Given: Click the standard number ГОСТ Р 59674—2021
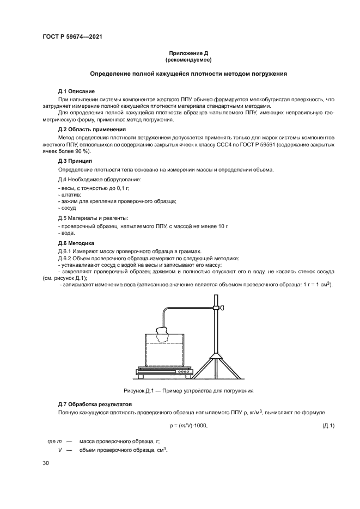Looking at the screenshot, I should click(73, 37).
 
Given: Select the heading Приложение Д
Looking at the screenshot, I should click(188, 53).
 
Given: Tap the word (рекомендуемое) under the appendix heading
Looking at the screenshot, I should click(188, 59).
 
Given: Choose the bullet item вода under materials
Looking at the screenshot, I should click(67, 232).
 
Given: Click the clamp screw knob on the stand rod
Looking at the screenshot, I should click(222, 309).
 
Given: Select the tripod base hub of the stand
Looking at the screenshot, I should click(217, 352).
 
